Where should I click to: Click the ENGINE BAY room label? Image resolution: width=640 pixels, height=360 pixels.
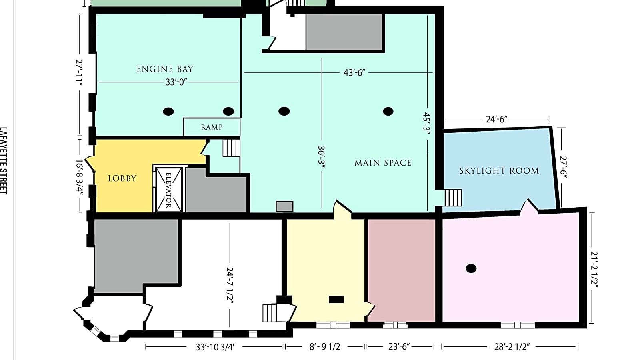coord(165,69)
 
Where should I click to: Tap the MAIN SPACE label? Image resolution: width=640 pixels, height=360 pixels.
coord(383,163)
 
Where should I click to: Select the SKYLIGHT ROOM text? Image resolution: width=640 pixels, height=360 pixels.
coord(499,171)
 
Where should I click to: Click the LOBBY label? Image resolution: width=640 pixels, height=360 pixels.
coord(122,178)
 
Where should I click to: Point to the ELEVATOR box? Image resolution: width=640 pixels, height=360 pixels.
coord(169,190)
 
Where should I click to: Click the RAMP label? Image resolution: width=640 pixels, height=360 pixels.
coord(212,127)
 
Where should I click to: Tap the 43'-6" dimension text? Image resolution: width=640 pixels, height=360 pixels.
coord(354,73)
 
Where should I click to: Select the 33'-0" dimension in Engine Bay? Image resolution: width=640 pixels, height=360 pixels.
coord(176,82)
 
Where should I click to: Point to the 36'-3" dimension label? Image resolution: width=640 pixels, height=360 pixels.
coord(321,158)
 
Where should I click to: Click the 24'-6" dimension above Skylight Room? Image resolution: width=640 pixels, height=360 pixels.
coord(496,119)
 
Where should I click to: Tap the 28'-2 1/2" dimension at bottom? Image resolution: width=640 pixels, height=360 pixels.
coord(512,347)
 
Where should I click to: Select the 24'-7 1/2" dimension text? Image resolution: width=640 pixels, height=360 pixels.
coord(230,286)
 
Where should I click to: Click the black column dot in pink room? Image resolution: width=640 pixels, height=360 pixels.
coord(471,268)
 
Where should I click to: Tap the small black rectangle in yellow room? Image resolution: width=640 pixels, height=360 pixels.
coord(336,299)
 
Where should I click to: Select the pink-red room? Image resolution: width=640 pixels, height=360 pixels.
coord(401,270)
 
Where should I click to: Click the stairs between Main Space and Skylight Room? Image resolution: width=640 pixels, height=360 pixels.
coord(453,198)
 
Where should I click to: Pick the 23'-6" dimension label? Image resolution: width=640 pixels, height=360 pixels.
coord(399,347)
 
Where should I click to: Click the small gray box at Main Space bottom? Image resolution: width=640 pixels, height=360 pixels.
coord(284,206)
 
